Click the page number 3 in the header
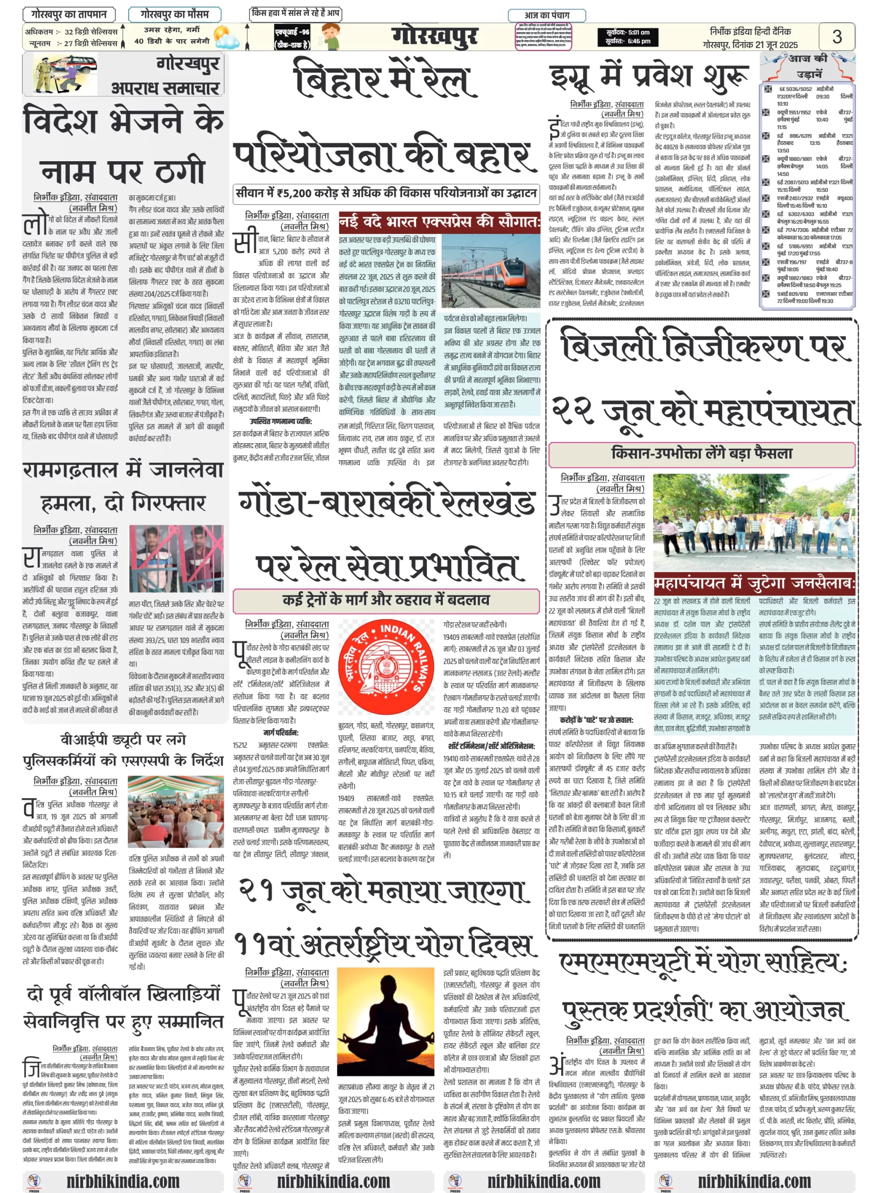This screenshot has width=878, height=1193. click(837, 36)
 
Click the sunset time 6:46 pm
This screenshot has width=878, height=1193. click(628, 41)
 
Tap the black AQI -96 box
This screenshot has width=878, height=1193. click(292, 37)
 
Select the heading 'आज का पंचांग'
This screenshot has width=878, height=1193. click(546, 15)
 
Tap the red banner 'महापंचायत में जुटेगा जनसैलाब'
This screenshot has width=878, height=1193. click(754, 583)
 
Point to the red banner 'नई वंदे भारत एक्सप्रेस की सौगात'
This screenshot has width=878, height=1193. click(439, 222)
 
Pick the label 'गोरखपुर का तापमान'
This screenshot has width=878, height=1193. click(69, 14)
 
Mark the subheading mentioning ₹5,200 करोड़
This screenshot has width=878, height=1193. click(386, 193)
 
